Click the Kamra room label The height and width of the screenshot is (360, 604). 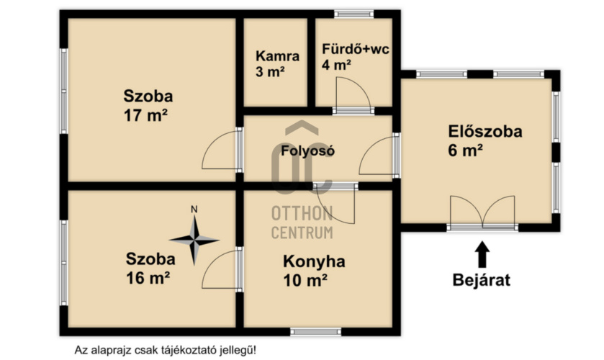pyautogui.click(x=277, y=56)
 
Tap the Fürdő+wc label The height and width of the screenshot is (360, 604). pyautogui.click(x=355, y=50)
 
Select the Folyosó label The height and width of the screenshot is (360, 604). pyautogui.click(x=307, y=150)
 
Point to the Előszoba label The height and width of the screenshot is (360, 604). pyautogui.click(x=485, y=132)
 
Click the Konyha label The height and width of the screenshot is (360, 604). pyautogui.click(x=314, y=261)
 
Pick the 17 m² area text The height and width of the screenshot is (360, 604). pyautogui.click(x=145, y=115)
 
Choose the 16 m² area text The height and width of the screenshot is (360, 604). pyautogui.click(x=148, y=278)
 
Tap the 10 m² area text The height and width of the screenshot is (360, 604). pyautogui.click(x=305, y=280)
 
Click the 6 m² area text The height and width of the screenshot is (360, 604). pyautogui.click(x=465, y=150)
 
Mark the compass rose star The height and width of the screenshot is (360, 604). pyautogui.click(x=194, y=240)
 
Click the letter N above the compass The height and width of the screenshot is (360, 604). pyautogui.click(x=194, y=210)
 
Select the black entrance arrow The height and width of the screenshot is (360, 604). pyautogui.click(x=482, y=254)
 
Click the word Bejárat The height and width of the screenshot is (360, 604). pyautogui.click(x=482, y=280)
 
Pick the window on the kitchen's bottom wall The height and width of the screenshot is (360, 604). pyautogui.click(x=315, y=332)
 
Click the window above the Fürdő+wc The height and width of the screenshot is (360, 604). pyautogui.click(x=353, y=14)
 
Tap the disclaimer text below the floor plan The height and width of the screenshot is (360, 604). pyautogui.click(x=166, y=351)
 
